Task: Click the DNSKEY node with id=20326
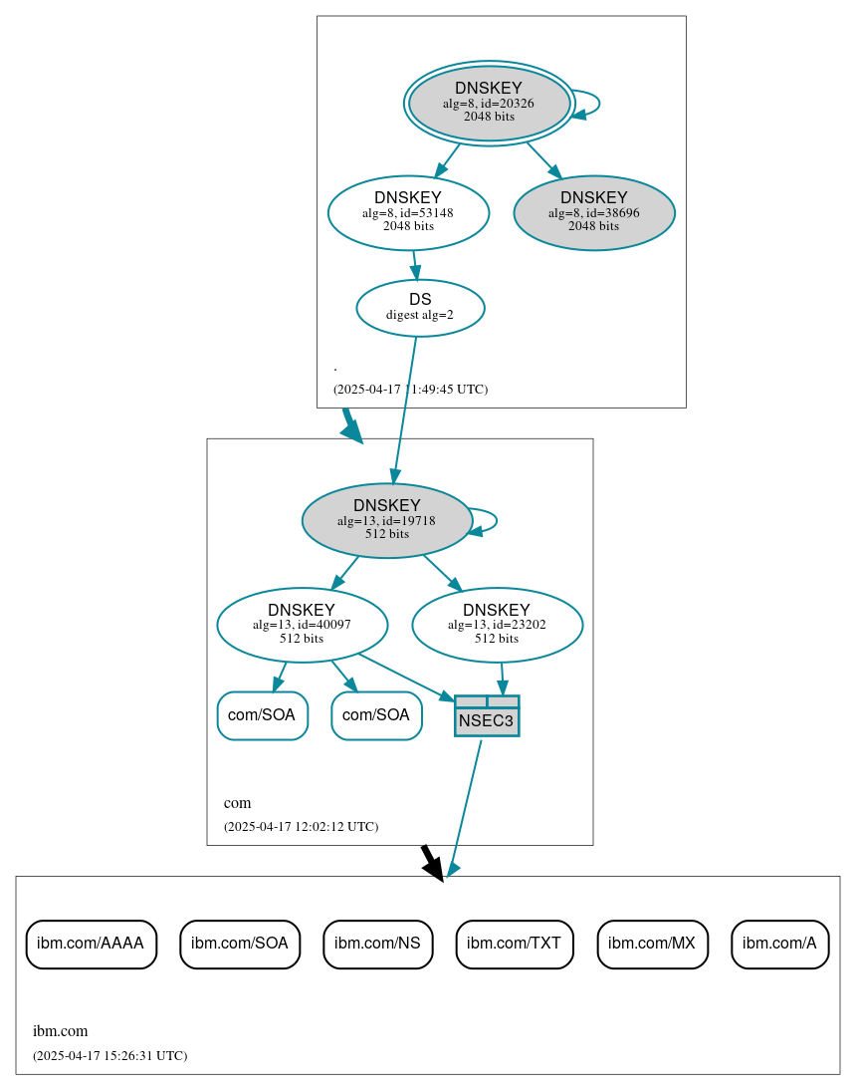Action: pyautogui.click(x=489, y=103)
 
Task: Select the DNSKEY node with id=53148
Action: pyautogui.click(x=408, y=212)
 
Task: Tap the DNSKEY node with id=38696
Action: pyautogui.click(x=594, y=212)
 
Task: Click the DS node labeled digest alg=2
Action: pyautogui.click(x=420, y=308)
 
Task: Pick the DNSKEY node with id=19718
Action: pyautogui.click(x=386, y=520)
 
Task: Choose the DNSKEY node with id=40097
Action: pyautogui.click(x=302, y=625)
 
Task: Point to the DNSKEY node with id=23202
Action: pyautogui.click(x=497, y=625)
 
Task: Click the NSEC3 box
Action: pyautogui.click(x=487, y=716)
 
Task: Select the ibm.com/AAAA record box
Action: pyautogui.click(x=91, y=944)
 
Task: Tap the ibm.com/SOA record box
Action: pyautogui.click(x=240, y=944)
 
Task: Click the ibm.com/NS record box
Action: pyautogui.click(x=377, y=944)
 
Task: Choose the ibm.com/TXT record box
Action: pyautogui.click(x=515, y=944)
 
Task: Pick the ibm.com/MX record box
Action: pyautogui.click(x=653, y=944)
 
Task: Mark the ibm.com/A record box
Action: pyautogui.click(x=779, y=944)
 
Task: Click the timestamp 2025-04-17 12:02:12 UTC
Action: pyautogui.click(x=301, y=827)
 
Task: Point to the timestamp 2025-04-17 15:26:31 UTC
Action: pyautogui.click(x=109, y=1056)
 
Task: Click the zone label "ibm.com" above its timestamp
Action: pyautogui.click(x=61, y=1031)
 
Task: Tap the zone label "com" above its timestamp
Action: pyautogui.click(x=238, y=803)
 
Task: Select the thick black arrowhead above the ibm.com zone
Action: pyautogui.click(x=433, y=867)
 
